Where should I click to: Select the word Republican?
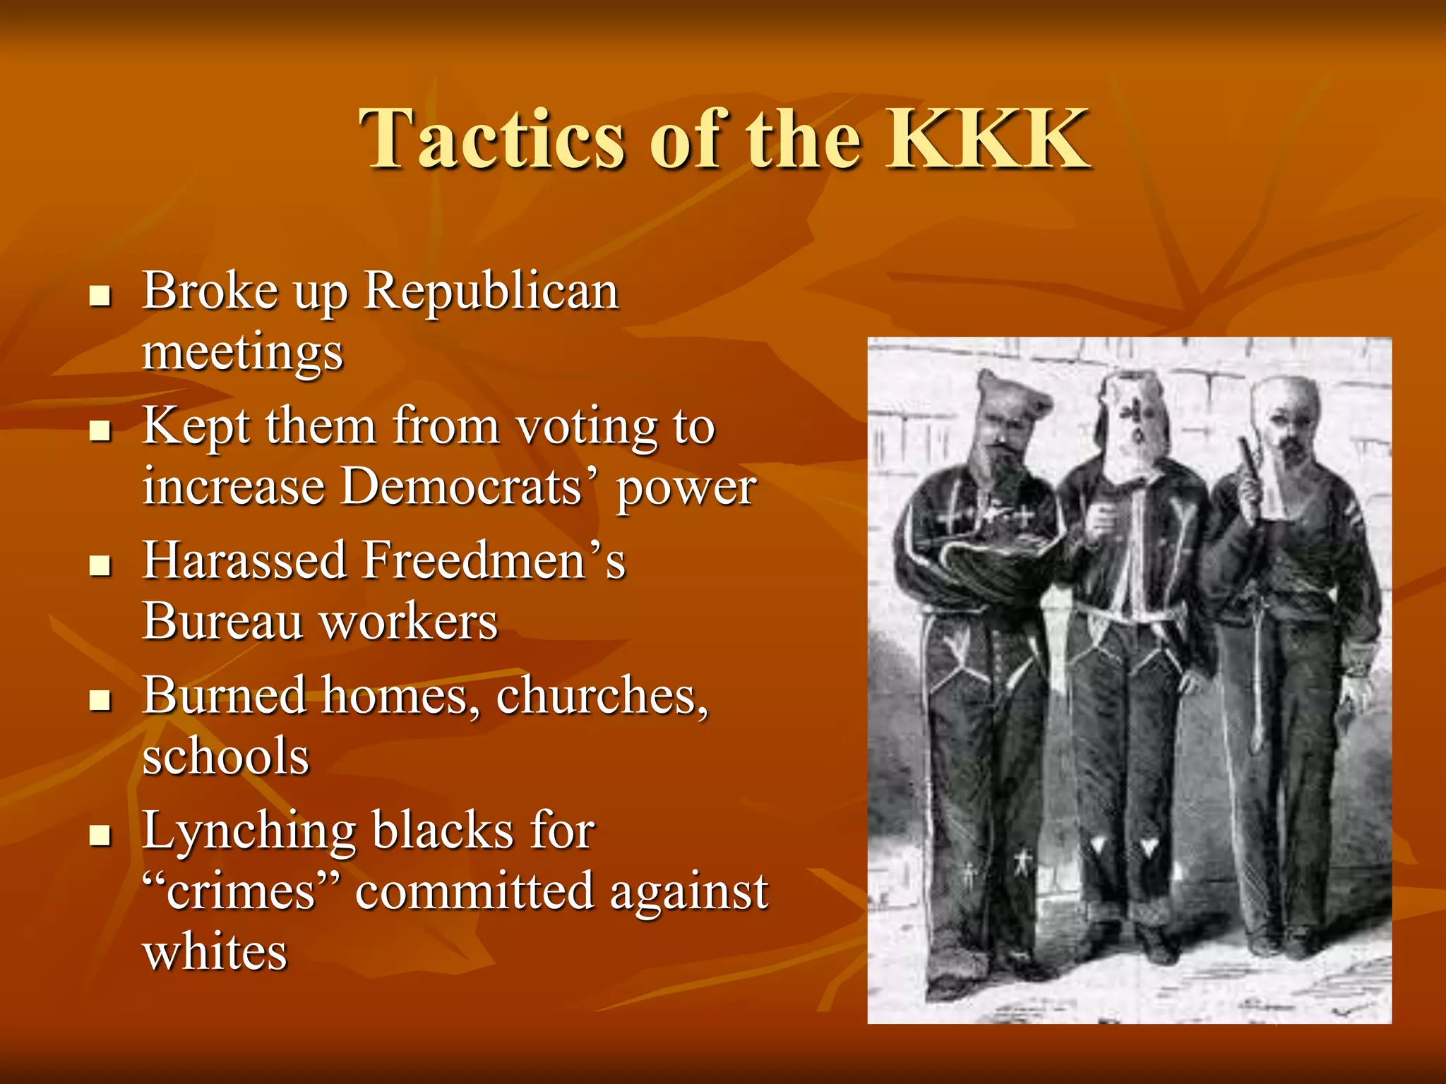(491, 291)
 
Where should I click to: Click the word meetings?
(242, 351)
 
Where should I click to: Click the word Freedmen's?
(494, 561)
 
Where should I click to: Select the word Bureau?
(222, 622)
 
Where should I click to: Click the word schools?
(226, 757)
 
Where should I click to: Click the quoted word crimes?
(241, 891)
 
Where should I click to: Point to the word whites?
(215, 952)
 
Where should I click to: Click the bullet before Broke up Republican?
(101, 296)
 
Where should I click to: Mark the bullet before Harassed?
(101, 565)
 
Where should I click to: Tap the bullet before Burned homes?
(101, 700)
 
